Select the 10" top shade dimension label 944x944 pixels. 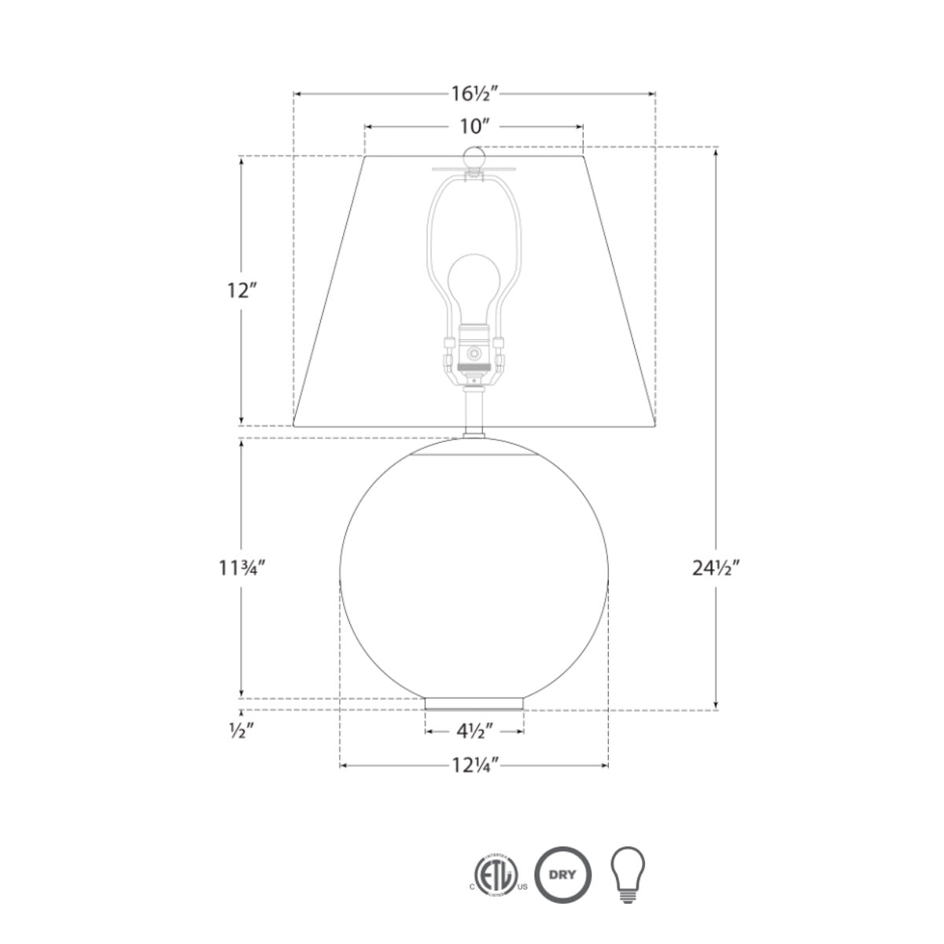tap(474, 127)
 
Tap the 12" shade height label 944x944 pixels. tap(242, 291)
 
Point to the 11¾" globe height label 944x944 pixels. tap(242, 568)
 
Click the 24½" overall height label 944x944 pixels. tap(716, 568)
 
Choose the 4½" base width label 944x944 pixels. tap(474, 732)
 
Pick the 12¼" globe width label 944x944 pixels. tap(474, 765)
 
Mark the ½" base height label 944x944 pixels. tap(241, 731)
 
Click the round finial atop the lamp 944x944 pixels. tap(474, 157)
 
